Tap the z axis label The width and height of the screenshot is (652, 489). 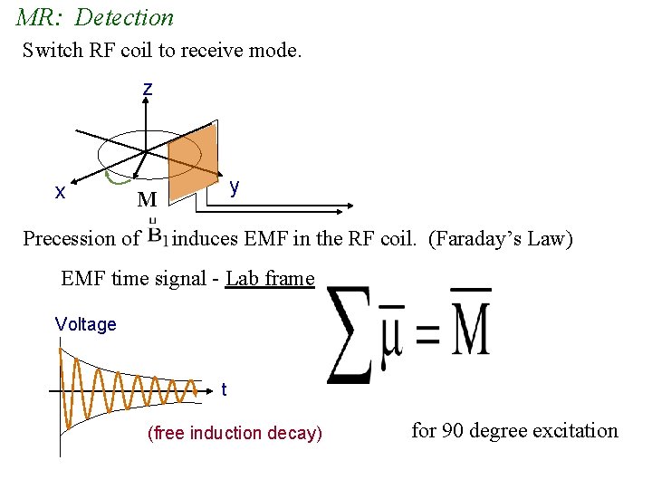(147, 90)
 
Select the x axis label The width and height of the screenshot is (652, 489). (60, 192)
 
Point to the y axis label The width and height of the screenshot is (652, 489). (235, 187)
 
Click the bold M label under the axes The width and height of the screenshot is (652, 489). (147, 199)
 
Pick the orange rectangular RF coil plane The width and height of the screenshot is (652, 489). (193, 161)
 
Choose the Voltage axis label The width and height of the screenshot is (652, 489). (85, 324)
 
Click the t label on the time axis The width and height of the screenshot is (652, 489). (224, 389)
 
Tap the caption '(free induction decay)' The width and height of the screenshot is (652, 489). (235, 433)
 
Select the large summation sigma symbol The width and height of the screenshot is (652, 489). (350, 333)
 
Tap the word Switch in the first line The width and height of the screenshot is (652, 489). (53, 49)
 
